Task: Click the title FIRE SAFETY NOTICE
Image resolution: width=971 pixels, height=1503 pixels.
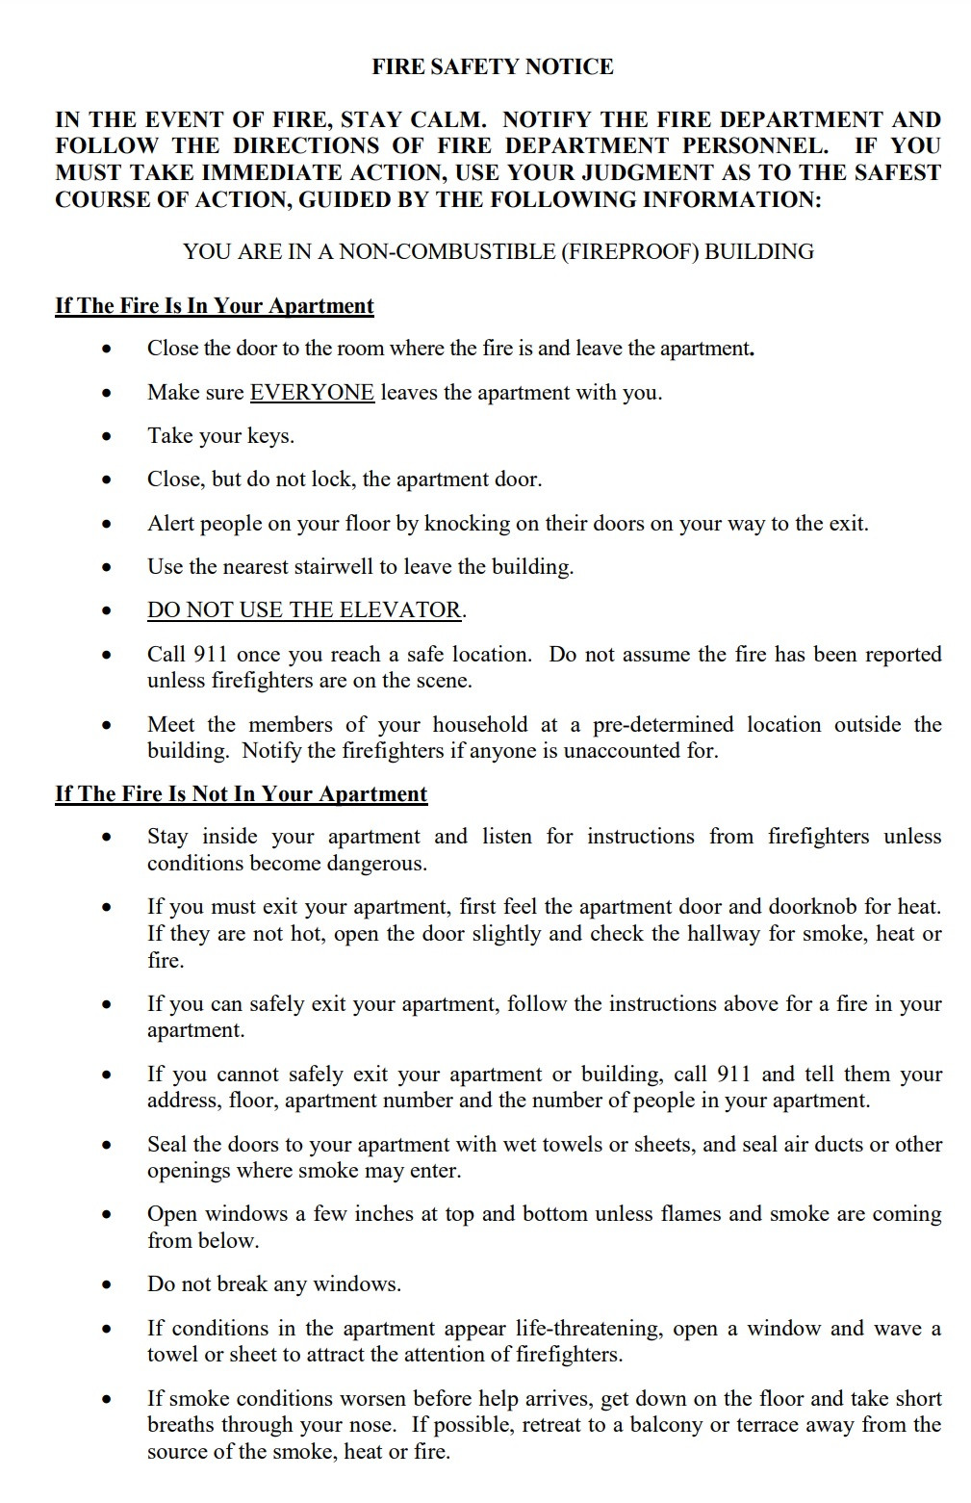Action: (493, 66)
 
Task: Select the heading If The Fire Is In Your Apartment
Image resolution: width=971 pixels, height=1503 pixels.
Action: (214, 305)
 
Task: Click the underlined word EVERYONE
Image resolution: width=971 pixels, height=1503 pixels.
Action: (312, 392)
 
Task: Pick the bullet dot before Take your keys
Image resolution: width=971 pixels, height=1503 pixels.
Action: (108, 437)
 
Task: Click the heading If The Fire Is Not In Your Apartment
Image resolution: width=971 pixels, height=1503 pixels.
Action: (241, 793)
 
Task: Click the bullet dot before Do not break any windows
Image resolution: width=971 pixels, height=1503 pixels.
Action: (108, 1285)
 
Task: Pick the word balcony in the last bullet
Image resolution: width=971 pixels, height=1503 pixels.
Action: (666, 1424)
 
